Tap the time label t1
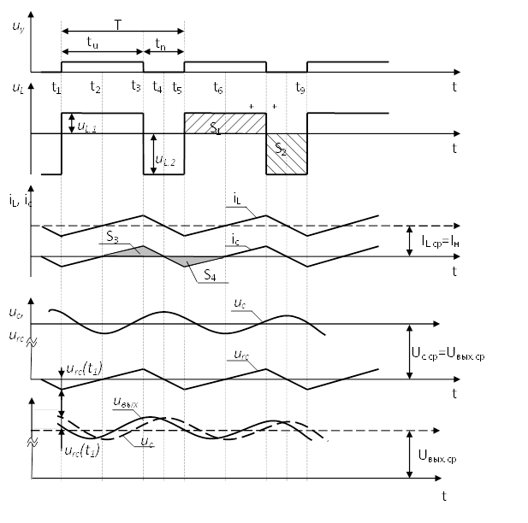point(56,87)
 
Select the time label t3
point(135,87)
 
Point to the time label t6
point(219,87)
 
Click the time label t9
point(300,87)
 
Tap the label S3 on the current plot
point(113,237)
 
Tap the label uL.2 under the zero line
point(168,159)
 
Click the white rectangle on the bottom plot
point(44,420)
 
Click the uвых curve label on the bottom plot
point(128,401)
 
